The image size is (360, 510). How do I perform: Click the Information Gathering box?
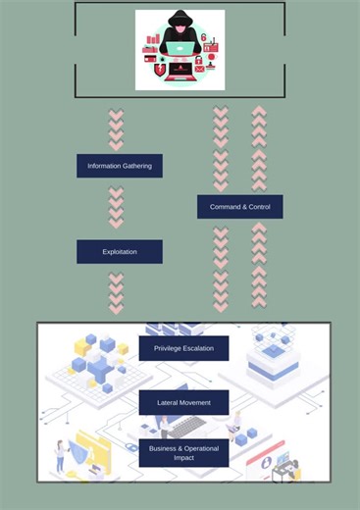click(x=120, y=166)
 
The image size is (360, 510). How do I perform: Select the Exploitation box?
click(x=120, y=252)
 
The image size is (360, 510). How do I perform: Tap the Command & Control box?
click(x=239, y=207)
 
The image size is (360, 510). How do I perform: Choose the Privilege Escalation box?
click(x=183, y=348)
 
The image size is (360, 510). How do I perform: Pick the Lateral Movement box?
click(x=183, y=402)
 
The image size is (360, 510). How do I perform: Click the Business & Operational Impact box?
click(x=183, y=452)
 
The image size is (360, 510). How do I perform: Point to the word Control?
click(x=259, y=207)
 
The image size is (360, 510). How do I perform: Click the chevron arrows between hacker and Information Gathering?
click(x=116, y=130)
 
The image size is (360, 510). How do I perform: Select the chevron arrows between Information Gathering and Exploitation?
click(x=116, y=208)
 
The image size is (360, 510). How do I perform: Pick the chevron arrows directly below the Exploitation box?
click(x=116, y=292)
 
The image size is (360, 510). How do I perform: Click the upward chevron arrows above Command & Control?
click(x=259, y=147)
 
